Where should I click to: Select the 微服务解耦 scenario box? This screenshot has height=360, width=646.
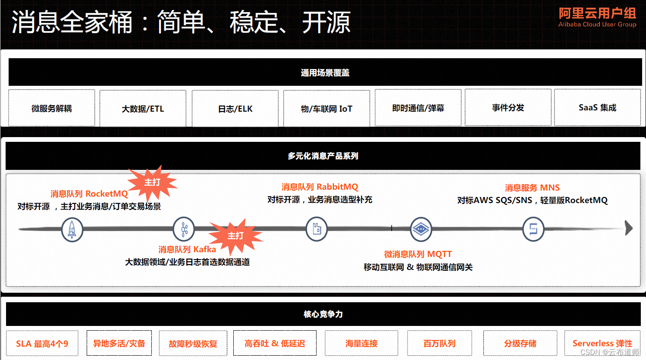tap(52, 108)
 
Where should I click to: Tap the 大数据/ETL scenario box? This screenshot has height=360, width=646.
tap(143, 109)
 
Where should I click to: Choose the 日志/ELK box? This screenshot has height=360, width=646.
tap(235, 109)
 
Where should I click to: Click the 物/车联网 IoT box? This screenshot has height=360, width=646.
tap(326, 109)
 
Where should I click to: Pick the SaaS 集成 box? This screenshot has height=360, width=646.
tap(597, 108)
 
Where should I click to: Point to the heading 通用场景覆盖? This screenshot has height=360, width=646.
tap(325, 73)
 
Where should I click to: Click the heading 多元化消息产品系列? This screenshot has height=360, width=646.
tap(323, 156)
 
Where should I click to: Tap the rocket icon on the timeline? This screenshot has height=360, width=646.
tap(72, 229)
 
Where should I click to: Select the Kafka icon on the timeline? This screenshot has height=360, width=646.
tap(184, 229)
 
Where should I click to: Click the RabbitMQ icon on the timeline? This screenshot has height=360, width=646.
tap(317, 229)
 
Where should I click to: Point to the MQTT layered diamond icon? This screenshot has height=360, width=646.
tap(420, 229)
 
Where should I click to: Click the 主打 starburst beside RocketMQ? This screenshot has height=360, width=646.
tap(152, 183)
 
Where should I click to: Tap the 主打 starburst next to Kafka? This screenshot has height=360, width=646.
tap(235, 236)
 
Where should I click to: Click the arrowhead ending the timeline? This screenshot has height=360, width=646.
tap(629, 228)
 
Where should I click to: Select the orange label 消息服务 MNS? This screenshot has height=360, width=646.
tap(532, 188)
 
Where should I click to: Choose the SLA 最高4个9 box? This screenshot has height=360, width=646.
tap(42, 344)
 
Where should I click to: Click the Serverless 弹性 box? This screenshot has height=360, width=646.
tap(602, 343)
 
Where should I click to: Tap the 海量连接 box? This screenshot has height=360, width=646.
tap(361, 344)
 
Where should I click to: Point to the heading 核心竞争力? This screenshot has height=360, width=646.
tap(323, 314)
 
